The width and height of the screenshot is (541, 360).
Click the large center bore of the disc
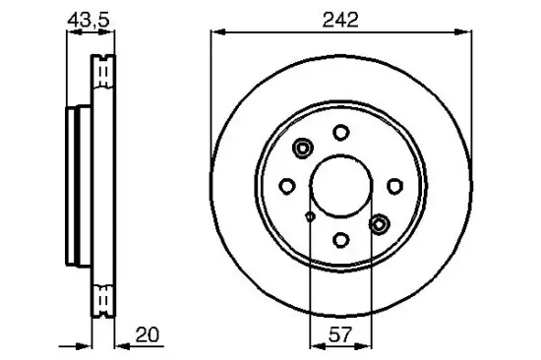pos(340,186)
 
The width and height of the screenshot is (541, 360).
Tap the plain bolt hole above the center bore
pos(340,132)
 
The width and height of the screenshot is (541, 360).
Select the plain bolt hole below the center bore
pos(340,239)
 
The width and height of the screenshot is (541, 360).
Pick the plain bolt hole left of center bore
pos(286,186)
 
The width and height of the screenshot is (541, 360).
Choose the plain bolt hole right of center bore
pos(394,186)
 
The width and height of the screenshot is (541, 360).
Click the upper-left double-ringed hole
pos(302,149)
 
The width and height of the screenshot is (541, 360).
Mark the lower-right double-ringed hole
pos(379,224)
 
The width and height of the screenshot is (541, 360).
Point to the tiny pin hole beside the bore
pos(309,215)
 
